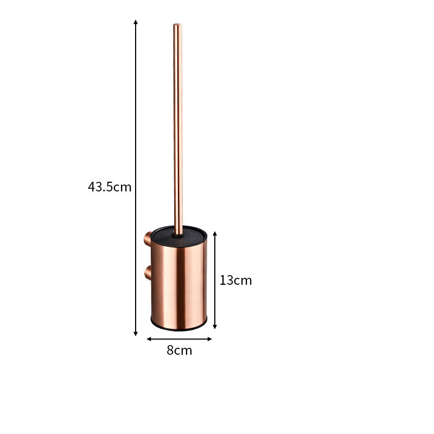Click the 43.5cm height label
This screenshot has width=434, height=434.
click(x=110, y=187)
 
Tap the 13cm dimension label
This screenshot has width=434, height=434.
click(x=235, y=280)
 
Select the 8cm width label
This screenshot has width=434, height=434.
click(x=179, y=350)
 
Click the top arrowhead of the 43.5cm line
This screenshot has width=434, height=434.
click(x=136, y=22)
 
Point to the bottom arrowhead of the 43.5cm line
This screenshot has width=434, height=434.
click(x=136, y=334)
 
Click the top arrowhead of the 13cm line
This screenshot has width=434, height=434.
click(x=215, y=234)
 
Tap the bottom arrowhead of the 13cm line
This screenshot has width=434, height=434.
click(x=215, y=327)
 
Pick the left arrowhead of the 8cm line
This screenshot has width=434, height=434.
click(x=149, y=339)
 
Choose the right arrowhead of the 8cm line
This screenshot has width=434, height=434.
click(x=209, y=339)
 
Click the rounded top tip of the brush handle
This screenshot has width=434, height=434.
click(x=178, y=25)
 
